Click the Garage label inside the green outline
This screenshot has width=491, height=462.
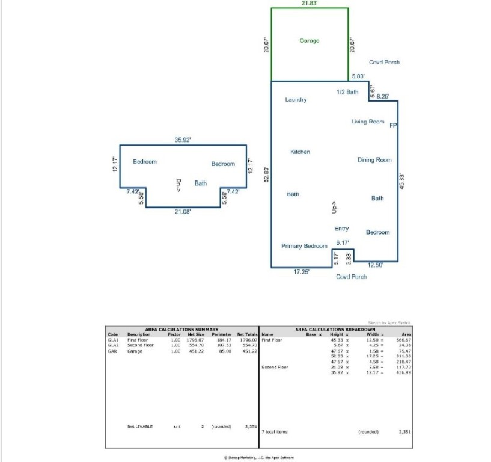(309, 41)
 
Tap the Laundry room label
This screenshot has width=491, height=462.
(296, 100)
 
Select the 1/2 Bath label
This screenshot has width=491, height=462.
(347, 92)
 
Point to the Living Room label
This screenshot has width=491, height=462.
(368, 122)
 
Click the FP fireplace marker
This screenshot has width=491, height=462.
(393, 126)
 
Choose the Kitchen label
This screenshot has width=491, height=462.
(300, 152)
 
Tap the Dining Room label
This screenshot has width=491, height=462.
(374, 160)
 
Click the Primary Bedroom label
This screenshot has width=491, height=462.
(304, 246)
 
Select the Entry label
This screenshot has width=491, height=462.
(341, 229)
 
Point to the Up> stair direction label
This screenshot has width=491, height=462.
(334, 208)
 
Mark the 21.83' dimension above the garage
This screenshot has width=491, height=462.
(310, 3)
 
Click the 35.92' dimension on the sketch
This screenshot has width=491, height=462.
(183, 140)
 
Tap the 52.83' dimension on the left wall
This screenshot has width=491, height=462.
(266, 174)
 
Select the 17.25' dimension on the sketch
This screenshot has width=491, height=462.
(301, 272)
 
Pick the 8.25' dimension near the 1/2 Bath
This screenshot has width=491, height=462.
(382, 96)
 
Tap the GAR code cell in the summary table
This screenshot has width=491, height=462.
(112, 351)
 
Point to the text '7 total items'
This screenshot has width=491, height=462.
(275, 431)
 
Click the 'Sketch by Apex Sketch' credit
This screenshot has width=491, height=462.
(389, 323)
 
